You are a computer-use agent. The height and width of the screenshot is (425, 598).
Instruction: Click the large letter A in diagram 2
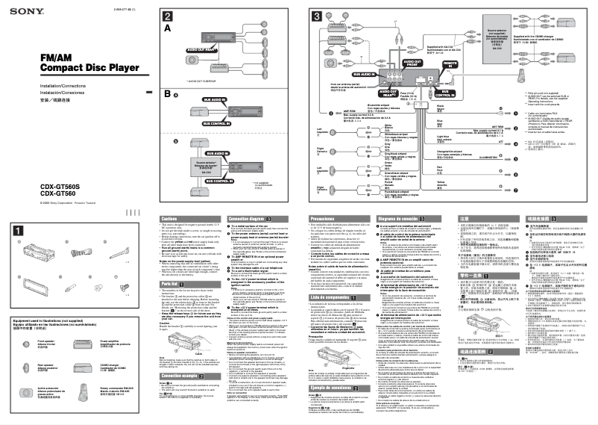coord(168,28)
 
